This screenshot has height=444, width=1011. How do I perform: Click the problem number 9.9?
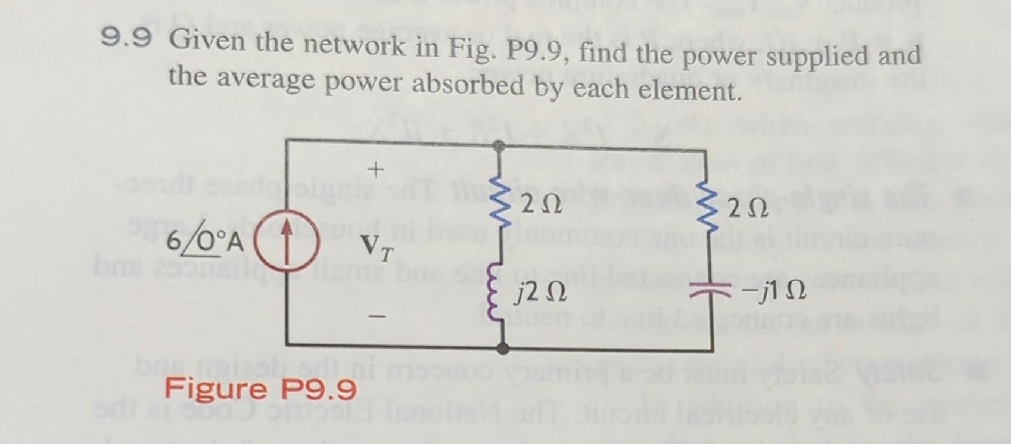click(x=126, y=39)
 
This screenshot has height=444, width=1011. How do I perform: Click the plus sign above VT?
click(x=375, y=171)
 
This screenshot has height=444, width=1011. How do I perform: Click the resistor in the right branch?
click(x=707, y=209)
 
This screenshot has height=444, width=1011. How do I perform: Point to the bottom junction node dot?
click(x=504, y=348)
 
